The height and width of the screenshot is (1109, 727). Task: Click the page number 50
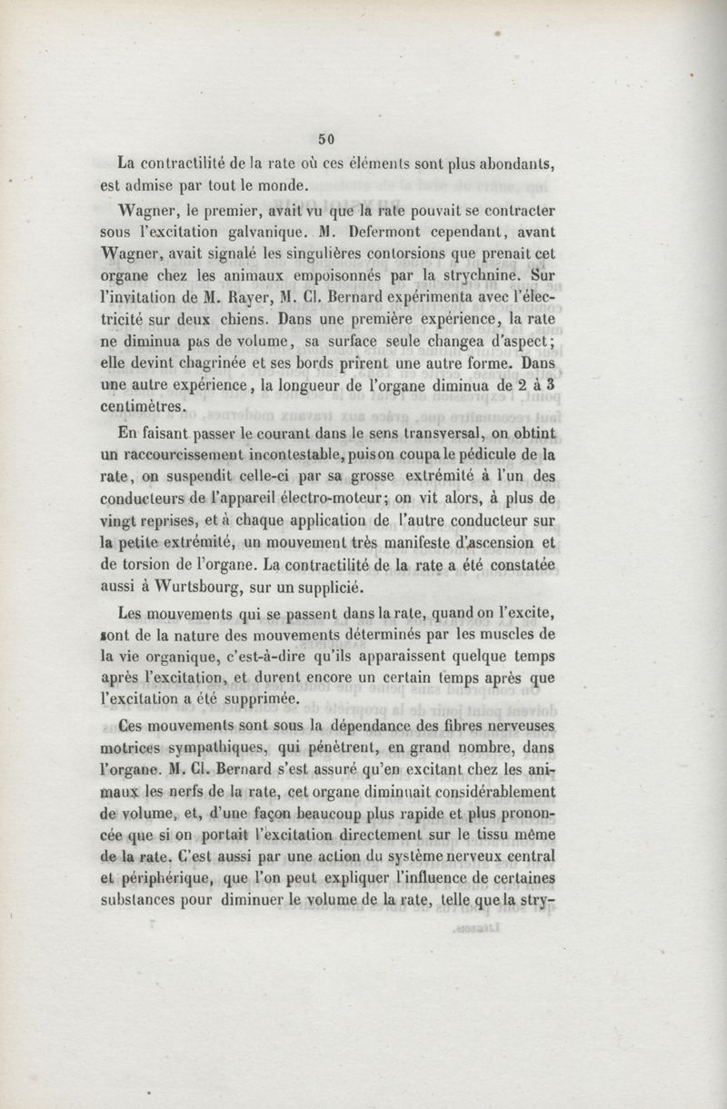[327, 139]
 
